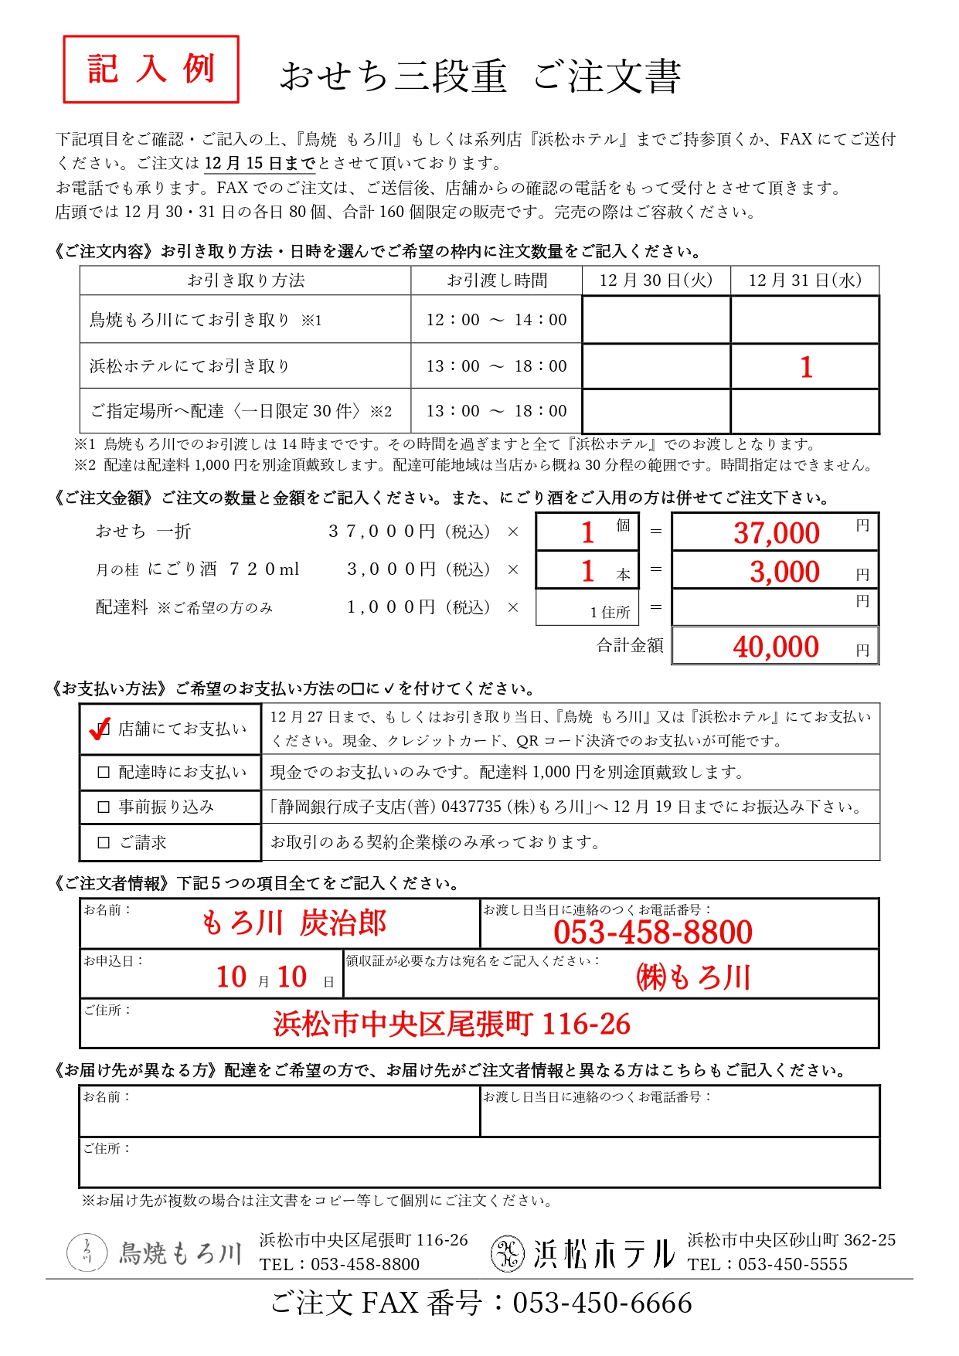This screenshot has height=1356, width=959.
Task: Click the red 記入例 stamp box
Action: tap(151, 69)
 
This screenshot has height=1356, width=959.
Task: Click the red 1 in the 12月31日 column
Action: tap(806, 367)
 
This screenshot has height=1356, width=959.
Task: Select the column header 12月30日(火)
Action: tap(655, 280)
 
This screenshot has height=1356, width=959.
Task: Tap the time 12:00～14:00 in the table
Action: tap(496, 320)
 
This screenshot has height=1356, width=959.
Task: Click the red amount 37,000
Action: tap(776, 533)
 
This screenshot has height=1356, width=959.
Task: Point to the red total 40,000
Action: tap(775, 647)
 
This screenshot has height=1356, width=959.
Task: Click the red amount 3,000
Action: tap(784, 572)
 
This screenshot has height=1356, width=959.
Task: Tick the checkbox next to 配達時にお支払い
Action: tap(104, 772)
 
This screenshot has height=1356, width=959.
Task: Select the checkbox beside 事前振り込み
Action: tap(104, 807)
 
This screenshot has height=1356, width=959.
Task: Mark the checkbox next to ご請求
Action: tap(104, 843)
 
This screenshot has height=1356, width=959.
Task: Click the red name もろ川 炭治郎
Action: tap(294, 923)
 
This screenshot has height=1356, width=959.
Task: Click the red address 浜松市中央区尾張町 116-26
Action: tap(451, 1025)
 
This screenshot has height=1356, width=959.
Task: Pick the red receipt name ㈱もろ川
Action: tap(693, 977)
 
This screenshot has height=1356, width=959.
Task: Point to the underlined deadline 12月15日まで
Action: tap(260, 164)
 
